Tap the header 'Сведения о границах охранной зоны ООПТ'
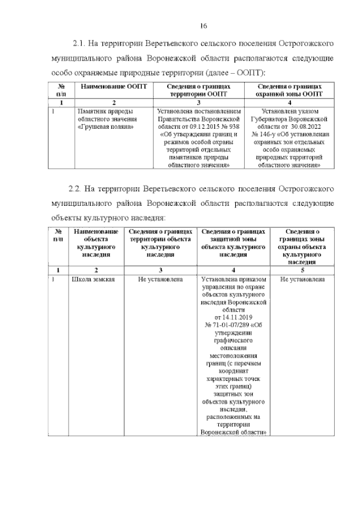click(290, 89)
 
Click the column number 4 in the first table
click(290, 103)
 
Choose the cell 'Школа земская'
click(91, 279)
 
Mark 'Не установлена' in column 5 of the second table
click(303, 279)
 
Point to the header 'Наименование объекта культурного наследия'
click(91, 243)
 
